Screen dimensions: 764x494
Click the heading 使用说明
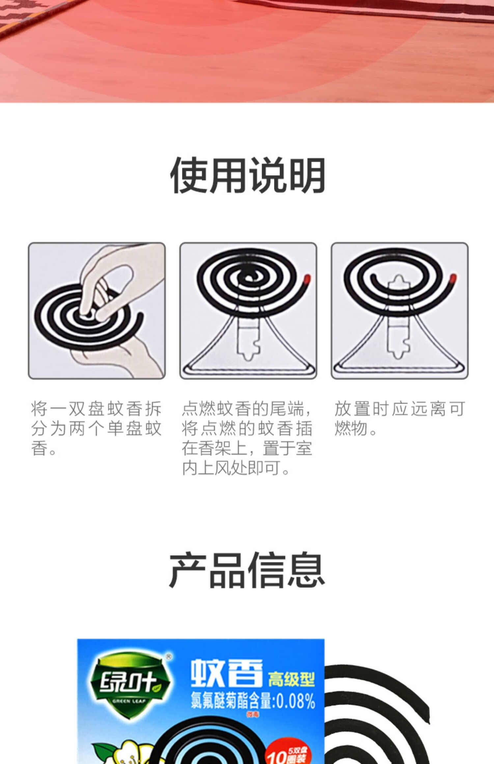247,175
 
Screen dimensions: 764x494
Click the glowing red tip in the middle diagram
307,279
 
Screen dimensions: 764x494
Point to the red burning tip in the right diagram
453,279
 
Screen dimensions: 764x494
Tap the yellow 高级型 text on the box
291,678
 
